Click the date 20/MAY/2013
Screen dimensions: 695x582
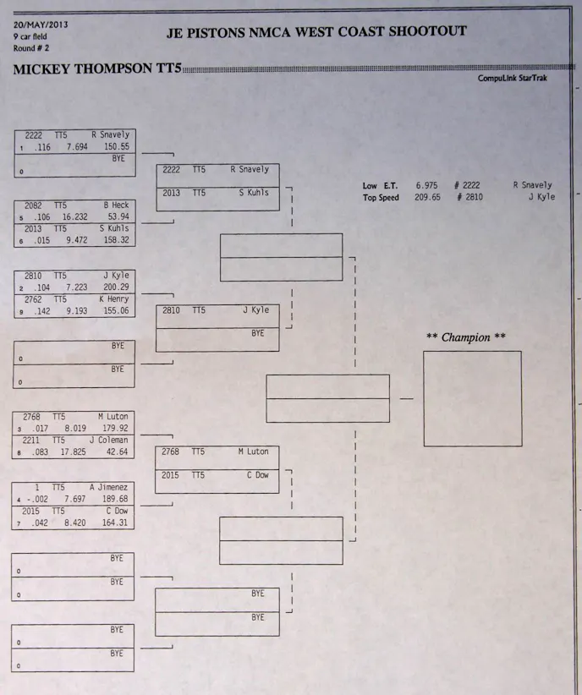(41, 25)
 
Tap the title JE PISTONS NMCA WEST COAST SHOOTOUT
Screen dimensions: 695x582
(317, 32)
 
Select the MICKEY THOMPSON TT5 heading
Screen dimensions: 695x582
(97, 69)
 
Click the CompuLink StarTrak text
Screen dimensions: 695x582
(515, 78)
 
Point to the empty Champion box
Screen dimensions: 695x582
(472, 398)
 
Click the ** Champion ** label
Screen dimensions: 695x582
(465, 337)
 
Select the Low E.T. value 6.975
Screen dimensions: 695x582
(426, 185)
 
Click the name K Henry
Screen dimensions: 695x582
(113, 299)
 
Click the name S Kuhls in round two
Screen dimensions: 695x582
(252, 193)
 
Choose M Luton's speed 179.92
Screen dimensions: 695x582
(116, 428)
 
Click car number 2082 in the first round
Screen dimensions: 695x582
(34, 205)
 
